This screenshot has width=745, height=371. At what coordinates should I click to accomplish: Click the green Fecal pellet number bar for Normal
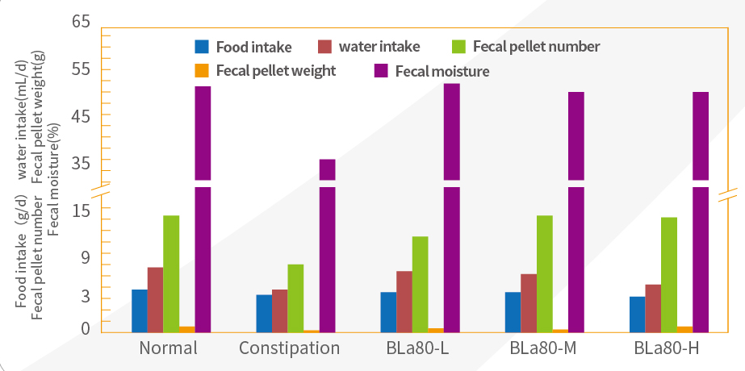coord(171,273)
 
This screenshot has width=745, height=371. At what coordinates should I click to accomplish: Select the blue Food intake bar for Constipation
coord(264,313)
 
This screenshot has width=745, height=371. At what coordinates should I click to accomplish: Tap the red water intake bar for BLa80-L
coord(404,301)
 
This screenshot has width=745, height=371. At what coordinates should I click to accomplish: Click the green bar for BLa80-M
coord(545,273)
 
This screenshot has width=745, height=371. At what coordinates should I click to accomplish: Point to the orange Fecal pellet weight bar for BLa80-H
coord(684,328)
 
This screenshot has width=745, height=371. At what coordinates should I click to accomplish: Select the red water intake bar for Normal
coord(155,299)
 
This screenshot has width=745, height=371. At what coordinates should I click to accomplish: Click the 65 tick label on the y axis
coord(82,22)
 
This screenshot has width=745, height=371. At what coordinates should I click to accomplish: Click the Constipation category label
coord(290,349)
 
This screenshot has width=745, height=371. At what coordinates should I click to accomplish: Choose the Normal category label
coord(168,349)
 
